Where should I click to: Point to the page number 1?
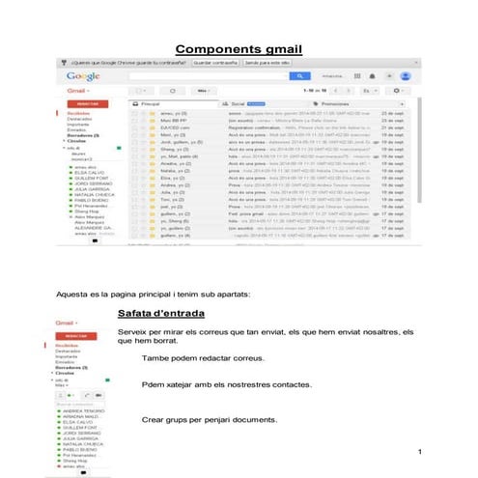[x=422, y=453]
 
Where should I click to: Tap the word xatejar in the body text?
[x=181, y=384]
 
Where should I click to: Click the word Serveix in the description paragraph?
[x=131, y=332]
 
